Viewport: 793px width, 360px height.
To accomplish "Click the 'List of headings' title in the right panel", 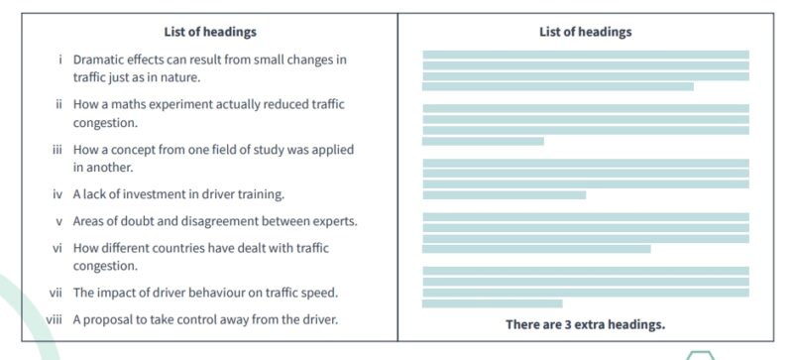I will point(585,32).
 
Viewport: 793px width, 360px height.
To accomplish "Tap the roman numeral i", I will point(61,60).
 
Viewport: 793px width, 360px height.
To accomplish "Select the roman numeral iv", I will point(58,193).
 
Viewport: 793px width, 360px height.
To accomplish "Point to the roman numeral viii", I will point(56,319).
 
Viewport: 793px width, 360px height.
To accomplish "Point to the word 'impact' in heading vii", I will point(117,293).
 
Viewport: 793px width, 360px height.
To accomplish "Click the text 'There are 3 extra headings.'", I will point(585,324).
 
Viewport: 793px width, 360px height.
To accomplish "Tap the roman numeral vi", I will point(58,248).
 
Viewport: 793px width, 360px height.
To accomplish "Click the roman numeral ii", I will point(60,104).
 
